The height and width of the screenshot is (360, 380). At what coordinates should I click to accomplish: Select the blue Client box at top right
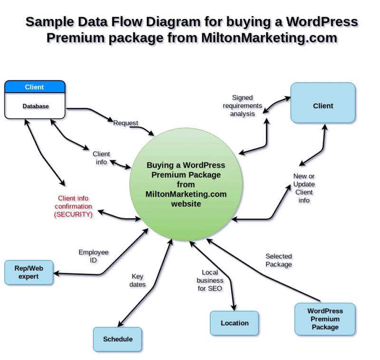click(323, 106)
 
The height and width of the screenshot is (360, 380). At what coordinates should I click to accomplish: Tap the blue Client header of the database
click(35, 87)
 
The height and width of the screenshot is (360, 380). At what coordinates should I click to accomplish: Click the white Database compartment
click(35, 106)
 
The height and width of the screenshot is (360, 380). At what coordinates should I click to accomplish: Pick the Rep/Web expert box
click(28, 272)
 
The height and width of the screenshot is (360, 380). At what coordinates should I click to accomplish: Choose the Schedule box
click(117, 339)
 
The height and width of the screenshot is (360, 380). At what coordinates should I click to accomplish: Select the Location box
click(234, 323)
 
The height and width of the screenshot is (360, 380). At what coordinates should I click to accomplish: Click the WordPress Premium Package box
click(325, 319)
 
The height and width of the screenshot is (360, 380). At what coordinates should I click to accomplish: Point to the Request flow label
click(125, 123)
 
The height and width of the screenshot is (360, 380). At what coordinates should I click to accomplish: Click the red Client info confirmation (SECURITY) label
click(73, 206)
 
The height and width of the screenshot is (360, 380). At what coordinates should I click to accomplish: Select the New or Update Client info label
click(304, 188)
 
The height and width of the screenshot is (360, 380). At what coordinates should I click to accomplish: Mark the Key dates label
click(138, 280)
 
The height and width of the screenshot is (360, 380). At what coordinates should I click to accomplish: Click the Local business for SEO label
click(209, 280)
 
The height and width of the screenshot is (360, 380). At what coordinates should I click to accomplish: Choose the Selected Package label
click(278, 260)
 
